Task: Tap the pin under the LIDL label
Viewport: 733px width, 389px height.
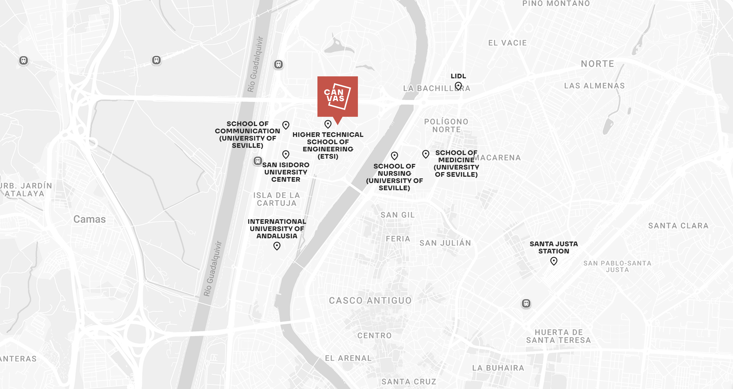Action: pos(458,86)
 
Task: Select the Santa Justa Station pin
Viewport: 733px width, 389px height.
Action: pos(554,261)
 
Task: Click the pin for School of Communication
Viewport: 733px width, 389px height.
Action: pos(286,125)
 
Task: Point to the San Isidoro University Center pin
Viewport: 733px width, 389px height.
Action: pos(286,154)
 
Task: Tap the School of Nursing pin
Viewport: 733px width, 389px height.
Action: pos(394,156)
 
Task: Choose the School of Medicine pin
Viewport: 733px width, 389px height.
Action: pos(426,154)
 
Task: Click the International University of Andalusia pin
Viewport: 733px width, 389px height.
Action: pos(277,246)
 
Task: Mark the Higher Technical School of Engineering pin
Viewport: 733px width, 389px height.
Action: pos(328,124)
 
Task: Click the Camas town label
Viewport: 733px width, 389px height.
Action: pos(90,219)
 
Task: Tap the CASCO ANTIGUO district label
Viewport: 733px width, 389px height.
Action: pos(370,300)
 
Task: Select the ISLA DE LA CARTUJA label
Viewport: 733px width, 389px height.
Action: pos(277,199)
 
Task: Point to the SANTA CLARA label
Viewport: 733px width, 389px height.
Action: pos(678,226)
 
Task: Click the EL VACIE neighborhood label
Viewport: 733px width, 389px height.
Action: pos(507,43)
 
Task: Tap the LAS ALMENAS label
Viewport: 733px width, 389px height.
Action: pos(594,86)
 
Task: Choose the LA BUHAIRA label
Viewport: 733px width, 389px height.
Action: pos(498,368)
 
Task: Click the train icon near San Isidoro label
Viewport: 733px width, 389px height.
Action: pos(258,161)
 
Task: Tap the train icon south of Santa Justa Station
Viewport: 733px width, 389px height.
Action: pos(526,303)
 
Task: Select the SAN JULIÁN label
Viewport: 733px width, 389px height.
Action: pos(445,243)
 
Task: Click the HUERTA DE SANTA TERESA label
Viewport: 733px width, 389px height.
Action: pos(558,336)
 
